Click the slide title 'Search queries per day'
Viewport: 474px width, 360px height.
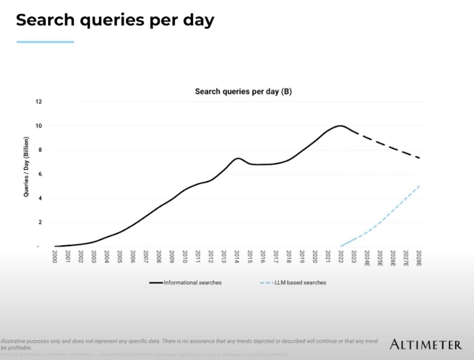pyautogui.click(x=115, y=20)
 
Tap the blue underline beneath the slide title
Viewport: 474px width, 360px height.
pyautogui.click(x=45, y=42)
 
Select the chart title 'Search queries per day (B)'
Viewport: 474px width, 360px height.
pyautogui.click(x=243, y=91)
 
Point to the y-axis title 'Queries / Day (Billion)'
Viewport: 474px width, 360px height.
pyautogui.click(x=26, y=167)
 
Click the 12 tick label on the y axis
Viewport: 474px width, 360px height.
pyautogui.click(x=39, y=102)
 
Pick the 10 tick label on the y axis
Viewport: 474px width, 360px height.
pyautogui.click(x=39, y=126)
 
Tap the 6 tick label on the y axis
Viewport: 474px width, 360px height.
pyautogui.click(x=40, y=174)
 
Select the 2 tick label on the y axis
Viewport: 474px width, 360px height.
pyautogui.click(x=40, y=222)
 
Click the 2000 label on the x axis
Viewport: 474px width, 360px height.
pyautogui.click(x=55, y=257)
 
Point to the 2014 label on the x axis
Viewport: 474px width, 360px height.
pyautogui.click(x=237, y=257)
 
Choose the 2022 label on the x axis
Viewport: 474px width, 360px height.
pyautogui.click(x=341, y=257)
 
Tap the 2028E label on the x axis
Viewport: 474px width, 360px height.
pyautogui.click(x=419, y=258)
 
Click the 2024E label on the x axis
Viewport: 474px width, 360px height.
pyautogui.click(x=367, y=258)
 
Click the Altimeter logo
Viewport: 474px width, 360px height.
pyautogui.click(x=426, y=345)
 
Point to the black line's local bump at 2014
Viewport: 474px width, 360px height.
pyautogui.click(x=238, y=158)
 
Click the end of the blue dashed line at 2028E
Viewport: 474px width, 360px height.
pyautogui.click(x=419, y=186)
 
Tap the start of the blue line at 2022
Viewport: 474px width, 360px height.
pyautogui.click(x=341, y=246)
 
